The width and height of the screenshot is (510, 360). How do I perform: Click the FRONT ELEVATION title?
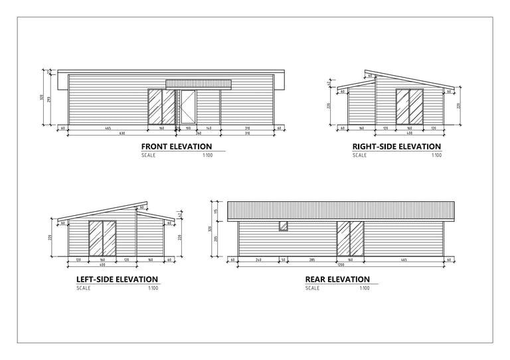177,147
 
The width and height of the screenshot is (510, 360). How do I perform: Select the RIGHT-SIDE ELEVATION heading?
396,147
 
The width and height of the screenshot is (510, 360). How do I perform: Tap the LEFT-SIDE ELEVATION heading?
117,280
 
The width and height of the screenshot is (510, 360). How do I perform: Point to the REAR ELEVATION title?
337,280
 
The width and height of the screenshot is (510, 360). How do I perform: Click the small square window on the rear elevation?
283,226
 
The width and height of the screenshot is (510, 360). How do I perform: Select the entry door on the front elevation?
188,107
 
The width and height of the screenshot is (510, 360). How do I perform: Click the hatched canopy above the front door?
199,84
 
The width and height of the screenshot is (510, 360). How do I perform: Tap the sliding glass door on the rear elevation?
351,238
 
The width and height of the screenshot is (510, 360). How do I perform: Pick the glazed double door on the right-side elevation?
410,106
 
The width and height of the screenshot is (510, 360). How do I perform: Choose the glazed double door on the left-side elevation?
102,238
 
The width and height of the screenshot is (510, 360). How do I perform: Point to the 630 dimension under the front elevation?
122,134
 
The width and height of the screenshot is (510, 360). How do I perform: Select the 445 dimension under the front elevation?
107,128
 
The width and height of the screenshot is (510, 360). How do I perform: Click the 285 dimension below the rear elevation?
311,260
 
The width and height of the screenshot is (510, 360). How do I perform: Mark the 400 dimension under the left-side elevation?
102,265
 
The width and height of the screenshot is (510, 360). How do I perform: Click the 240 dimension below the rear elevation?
258,260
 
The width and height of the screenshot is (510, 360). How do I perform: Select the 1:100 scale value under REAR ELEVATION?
364,288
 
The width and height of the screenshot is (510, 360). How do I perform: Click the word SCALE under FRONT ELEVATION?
148,155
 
